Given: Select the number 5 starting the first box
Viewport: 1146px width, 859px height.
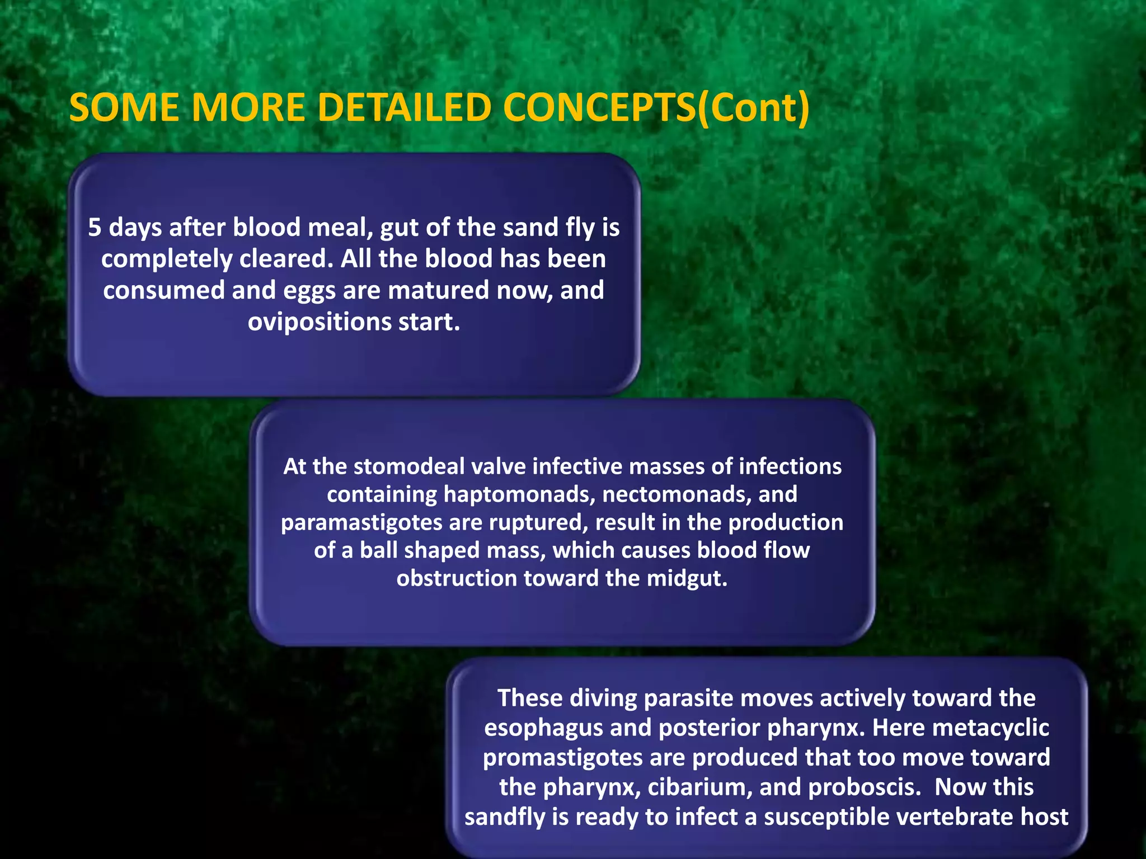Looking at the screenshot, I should [95, 228].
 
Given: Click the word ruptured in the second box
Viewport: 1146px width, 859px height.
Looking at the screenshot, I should [538, 522].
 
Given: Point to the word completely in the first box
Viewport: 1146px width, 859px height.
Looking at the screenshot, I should [167, 259].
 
